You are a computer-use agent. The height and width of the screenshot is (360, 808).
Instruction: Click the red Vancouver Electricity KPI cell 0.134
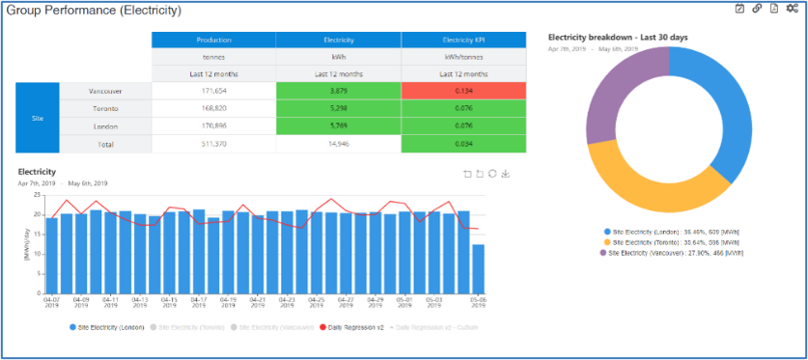463,91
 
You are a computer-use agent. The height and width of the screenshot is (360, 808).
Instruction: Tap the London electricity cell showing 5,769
338,125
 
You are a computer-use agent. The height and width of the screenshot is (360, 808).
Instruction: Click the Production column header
213,40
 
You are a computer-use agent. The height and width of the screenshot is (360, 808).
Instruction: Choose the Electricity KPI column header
463,40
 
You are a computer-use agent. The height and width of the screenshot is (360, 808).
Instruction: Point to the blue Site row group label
38,117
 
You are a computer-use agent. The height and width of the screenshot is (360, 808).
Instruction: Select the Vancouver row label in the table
105,91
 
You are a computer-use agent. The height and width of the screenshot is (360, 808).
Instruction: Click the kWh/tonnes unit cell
463,57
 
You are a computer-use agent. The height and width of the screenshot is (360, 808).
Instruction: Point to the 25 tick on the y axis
37,196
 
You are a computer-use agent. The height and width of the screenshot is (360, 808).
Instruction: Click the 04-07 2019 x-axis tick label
51,304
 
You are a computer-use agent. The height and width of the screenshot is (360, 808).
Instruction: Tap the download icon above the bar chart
505,174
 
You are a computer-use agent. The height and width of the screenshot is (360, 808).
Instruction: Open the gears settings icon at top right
793,9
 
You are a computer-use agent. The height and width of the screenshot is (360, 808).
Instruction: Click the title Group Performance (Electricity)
93,11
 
